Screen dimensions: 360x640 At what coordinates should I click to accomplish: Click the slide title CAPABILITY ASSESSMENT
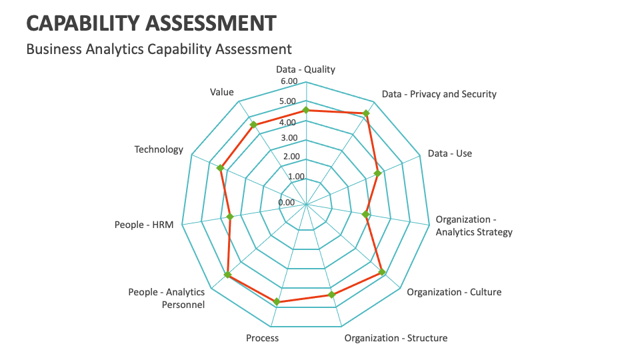point(151,23)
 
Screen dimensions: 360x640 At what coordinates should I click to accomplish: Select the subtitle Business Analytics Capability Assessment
point(159,49)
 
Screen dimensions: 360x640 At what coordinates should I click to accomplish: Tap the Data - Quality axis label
point(305,69)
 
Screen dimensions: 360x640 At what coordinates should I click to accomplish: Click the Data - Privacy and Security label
point(439,94)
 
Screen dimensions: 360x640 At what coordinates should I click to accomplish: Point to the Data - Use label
point(449,153)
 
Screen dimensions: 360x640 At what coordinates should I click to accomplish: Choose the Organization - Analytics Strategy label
point(474,226)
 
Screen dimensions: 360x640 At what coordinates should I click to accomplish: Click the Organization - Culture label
point(454,292)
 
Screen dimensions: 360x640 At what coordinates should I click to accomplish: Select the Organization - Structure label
point(396,338)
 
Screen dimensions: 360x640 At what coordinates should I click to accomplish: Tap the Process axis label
point(262,338)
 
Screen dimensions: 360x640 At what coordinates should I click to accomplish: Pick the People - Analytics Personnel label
point(167,298)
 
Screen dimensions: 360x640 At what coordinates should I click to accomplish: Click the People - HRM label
point(144,225)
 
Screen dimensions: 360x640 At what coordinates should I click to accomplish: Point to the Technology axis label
point(159,149)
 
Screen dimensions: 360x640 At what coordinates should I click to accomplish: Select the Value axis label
point(222,92)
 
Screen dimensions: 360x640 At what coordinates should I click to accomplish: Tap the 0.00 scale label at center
point(286,203)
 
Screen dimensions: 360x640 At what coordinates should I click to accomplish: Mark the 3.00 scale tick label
point(290,138)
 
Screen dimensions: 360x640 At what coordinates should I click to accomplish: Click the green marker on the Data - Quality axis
point(306,111)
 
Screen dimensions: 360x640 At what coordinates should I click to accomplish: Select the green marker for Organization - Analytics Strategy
point(365,215)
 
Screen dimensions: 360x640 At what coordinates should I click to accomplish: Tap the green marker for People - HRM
point(230,217)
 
